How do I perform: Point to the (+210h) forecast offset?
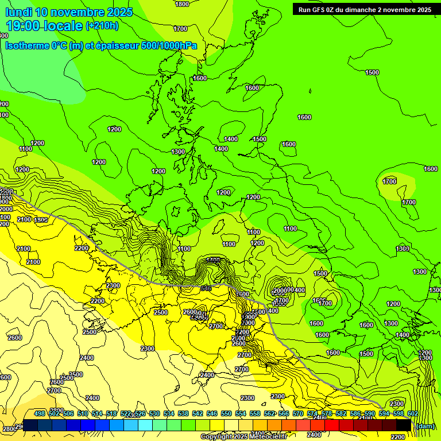click(x=102, y=26)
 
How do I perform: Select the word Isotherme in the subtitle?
click(x=26, y=46)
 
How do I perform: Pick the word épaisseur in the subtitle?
click(x=117, y=46)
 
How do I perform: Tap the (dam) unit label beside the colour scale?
click(x=425, y=425)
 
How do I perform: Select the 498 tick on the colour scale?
click(x=40, y=413)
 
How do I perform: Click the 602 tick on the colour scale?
click(x=412, y=413)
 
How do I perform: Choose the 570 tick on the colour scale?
click(x=297, y=413)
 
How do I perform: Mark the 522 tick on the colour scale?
click(x=126, y=413)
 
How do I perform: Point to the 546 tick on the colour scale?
click(x=212, y=413)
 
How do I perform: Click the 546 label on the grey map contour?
click(x=206, y=288)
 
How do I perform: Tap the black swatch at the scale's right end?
click(x=404, y=425)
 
